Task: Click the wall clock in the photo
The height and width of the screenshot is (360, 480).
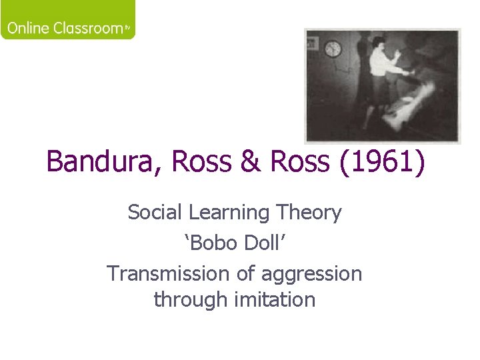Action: (333, 49)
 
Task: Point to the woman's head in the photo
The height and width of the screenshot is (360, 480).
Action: (377, 45)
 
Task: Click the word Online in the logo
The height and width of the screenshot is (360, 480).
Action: (29, 29)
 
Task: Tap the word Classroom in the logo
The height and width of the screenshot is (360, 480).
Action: (87, 29)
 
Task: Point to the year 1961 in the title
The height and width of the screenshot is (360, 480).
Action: (381, 162)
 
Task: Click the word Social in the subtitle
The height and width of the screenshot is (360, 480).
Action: (155, 213)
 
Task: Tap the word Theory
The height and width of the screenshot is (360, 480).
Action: (312, 213)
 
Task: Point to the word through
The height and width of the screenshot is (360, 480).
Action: (191, 300)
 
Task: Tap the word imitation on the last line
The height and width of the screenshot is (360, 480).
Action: (275, 300)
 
